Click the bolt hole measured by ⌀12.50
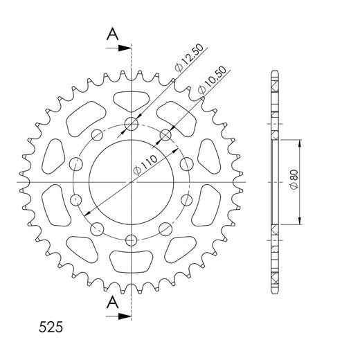pos(131,125)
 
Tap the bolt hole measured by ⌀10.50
pos(165,134)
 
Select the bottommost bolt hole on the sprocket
pos(131,240)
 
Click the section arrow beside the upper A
pos(124,48)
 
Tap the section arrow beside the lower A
pos(124,316)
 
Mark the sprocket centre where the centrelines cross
pos(131,182)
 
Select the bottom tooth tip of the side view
pos(275,292)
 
